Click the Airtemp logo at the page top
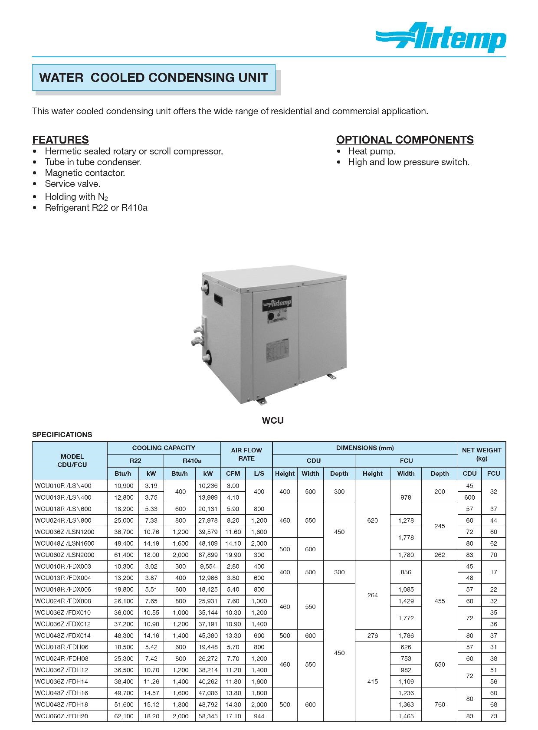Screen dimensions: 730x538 (441, 38)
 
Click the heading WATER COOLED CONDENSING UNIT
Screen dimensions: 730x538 (154, 78)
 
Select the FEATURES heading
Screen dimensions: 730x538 (60, 140)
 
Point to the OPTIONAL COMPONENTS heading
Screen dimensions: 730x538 (405, 140)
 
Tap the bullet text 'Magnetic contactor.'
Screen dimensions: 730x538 (85, 173)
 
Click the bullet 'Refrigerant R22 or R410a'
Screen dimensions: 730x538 (96, 208)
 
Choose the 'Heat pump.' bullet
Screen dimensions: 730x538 (371, 151)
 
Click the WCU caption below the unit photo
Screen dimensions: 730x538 (272, 420)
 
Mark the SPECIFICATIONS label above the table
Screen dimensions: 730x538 (62, 435)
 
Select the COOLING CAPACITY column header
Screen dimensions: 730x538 (164, 448)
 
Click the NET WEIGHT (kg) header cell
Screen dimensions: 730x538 (482, 454)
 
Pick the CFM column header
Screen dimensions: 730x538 (233, 474)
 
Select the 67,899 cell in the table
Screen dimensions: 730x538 (208, 555)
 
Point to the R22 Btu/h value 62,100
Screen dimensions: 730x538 (124, 716)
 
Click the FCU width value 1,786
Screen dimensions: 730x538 (406, 635)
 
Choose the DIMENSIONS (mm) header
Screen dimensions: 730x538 (365, 448)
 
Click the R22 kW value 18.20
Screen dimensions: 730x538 (151, 716)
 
